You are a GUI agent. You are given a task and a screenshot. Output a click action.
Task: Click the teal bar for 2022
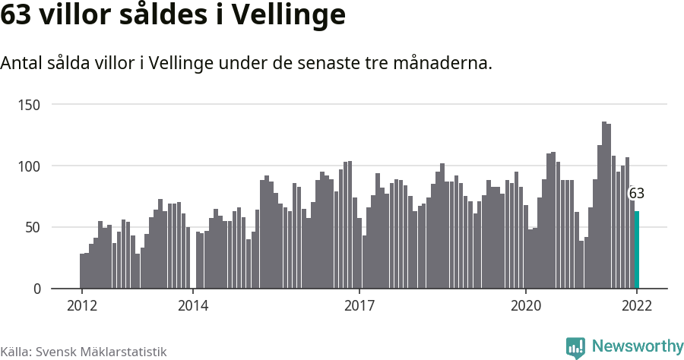click(x=637, y=250)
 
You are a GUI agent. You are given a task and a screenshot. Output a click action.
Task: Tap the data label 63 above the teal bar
click(x=637, y=193)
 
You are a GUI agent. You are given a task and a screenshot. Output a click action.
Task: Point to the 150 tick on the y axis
click(x=30, y=104)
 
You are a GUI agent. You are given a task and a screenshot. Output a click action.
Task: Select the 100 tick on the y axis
click(x=30, y=166)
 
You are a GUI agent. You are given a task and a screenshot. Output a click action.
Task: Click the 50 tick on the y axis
click(x=33, y=227)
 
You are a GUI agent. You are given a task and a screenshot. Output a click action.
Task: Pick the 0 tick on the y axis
click(x=36, y=289)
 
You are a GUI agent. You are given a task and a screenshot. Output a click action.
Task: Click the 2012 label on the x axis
click(x=81, y=305)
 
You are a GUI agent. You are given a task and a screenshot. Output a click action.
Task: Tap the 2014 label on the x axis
click(x=193, y=305)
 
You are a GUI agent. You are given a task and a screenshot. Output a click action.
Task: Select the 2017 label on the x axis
click(x=359, y=305)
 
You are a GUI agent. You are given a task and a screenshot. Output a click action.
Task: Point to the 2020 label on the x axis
click(x=525, y=305)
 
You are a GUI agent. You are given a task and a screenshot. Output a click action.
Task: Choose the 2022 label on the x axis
click(x=637, y=305)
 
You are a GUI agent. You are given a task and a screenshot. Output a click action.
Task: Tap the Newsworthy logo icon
click(x=575, y=347)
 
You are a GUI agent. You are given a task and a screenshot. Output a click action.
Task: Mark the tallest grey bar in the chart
click(x=604, y=205)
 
